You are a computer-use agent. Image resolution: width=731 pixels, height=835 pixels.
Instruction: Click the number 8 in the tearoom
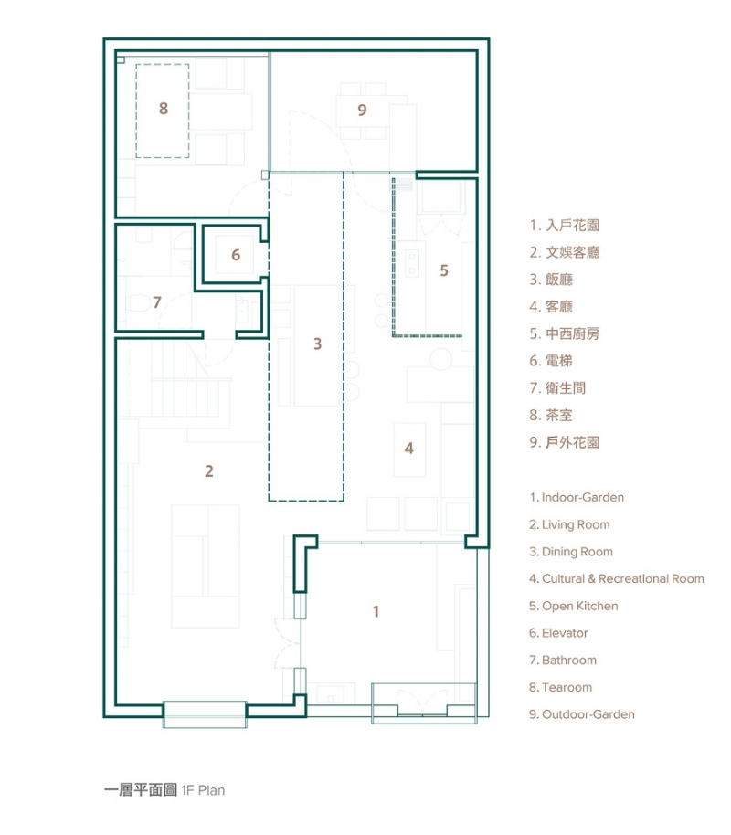tap(164, 109)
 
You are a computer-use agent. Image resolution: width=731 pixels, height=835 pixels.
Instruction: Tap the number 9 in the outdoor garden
tap(363, 110)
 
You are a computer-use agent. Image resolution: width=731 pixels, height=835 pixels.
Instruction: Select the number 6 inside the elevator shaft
tap(236, 255)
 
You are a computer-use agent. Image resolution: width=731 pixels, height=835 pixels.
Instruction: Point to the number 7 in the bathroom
tap(157, 301)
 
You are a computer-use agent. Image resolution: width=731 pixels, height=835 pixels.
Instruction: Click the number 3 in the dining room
tap(317, 344)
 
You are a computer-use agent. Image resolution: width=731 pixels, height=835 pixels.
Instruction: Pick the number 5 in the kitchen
tap(444, 270)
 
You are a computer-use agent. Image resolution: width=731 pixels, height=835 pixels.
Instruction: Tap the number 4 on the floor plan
tap(409, 449)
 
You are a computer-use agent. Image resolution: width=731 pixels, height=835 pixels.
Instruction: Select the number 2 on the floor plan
tap(209, 471)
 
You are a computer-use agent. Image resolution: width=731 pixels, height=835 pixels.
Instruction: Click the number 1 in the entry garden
tap(375, 611)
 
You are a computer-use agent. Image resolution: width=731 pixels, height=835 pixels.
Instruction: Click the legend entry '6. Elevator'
tap(558, 633)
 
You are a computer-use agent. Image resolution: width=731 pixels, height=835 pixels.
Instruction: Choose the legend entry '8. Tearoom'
tap(560, 687)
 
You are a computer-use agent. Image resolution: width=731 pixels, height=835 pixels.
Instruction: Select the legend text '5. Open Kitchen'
tap(573, 606)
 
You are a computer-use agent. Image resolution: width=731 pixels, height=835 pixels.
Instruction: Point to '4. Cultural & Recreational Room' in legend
tap(616, 578)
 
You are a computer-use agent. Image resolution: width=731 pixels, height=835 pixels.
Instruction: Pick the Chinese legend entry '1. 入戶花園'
tap(564, 225)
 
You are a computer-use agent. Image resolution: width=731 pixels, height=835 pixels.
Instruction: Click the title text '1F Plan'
tap(203, 790)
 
